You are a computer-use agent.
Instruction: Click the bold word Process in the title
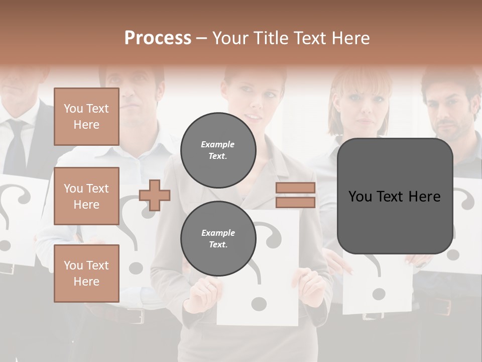158,38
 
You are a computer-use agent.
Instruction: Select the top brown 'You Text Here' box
86,117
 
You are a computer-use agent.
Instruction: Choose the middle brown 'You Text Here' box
86,196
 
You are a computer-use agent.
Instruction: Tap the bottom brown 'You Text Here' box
86,273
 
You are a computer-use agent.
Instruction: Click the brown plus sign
155,195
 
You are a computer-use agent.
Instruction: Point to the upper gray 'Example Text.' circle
218,150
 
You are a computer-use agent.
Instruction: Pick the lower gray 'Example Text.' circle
218,239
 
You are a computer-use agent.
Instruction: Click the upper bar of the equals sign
295,188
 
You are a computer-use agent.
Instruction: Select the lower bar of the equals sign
295,202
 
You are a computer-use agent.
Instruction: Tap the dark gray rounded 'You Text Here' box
395,196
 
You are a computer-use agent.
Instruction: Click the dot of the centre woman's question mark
259,303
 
